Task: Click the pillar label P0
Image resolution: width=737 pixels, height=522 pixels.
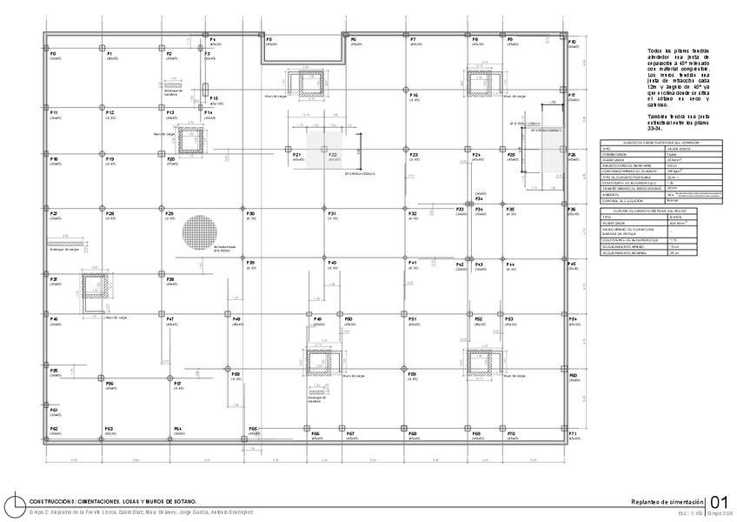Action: click(52, 54)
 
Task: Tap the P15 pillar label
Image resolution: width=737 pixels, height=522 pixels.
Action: click(214, 99)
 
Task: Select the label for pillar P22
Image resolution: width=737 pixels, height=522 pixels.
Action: click(333, 155)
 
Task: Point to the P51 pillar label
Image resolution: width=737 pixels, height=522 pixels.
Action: click(413, 319)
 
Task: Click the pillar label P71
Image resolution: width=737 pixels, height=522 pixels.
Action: click(573, 432)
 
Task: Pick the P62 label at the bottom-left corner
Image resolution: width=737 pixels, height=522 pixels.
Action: click(54, 429)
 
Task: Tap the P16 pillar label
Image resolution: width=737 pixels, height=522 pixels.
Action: click(414, 95)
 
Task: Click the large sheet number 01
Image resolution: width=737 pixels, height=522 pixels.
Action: click(719, 502)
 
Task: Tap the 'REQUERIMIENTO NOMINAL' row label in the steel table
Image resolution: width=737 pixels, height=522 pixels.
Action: click(625, 252)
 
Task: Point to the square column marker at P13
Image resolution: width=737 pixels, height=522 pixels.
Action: click(161, 108)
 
